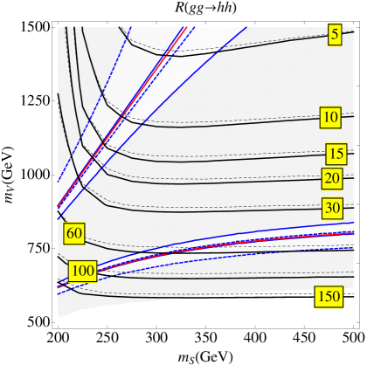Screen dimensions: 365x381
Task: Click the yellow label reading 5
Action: pos(335,34)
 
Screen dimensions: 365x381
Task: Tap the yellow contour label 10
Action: pos(329,117)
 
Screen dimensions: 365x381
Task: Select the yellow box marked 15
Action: pos(336,154)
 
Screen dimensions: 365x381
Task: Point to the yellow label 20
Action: pos(331,178)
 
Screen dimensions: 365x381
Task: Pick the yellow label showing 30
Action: pos(331,208)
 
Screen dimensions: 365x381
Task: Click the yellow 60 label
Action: pos(74,233)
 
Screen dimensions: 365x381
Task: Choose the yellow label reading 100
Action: pos(82,271)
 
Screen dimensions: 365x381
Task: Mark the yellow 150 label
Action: pos(328,297)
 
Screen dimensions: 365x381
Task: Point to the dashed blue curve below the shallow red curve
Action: pos(218,253)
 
